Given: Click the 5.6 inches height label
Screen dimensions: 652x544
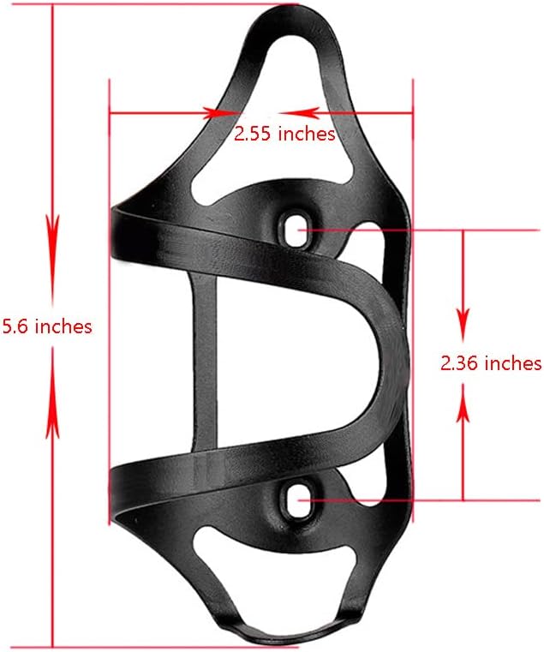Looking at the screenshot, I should pyautogui.click(x=47, y=326).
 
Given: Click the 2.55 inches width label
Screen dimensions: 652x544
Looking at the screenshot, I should pyautogui.click(x=284, y=134).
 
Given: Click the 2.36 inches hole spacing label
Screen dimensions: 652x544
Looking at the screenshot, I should pyautogui.click(x=491, y=363).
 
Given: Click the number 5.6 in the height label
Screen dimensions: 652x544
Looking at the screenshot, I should pyautogui.click(x=16, y=326).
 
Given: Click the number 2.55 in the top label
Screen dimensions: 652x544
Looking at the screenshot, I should pyautogui.click(x=254, y=134).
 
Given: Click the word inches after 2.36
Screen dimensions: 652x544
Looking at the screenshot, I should pyautogui.click(x=512, y=363).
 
